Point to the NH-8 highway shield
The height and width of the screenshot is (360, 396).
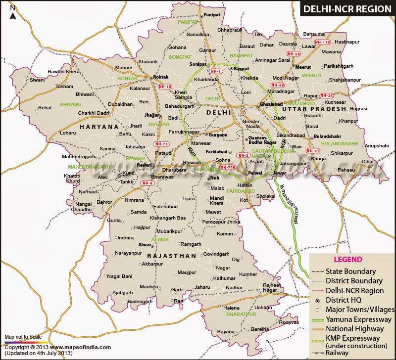tap(148, 183)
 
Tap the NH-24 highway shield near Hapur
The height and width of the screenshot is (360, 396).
tap(327, 95)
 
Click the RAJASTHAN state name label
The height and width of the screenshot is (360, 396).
tap(171, 256)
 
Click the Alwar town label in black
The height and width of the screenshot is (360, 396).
tap(144, 244)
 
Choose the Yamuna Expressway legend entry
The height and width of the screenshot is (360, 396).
tap(351, 320)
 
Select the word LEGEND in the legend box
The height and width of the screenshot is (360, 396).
tap(348, 260)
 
